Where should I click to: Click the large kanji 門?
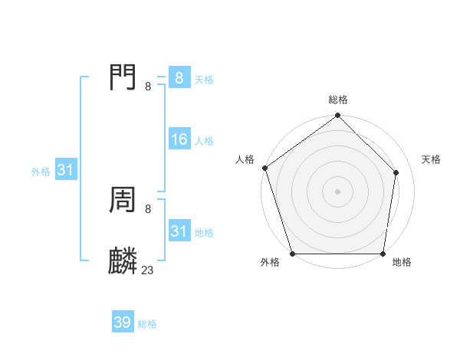[123, 77]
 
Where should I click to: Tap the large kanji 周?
[123, 201]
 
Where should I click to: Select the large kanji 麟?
[123, 261]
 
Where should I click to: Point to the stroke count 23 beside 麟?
[148, 270]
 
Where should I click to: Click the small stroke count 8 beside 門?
[148, 87]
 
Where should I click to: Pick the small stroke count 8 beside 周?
[148, 209]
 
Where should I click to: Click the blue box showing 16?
[179, 139]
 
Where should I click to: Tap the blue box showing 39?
[123, 322]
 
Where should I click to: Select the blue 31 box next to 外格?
[65, 170]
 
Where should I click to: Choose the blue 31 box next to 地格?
[179, 231]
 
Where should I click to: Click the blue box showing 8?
[179, 78]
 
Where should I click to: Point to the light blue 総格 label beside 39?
[147, 324]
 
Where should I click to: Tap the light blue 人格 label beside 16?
[204, 141]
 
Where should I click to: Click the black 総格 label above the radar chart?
[338, 100]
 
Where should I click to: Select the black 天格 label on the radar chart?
[432, 159]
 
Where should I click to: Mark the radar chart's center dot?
[337, 191]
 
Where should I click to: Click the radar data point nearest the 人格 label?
[264, 168]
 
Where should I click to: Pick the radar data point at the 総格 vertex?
[337, 116]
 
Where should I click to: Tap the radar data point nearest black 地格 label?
[382, 254]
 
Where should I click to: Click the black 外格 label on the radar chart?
[270, 262]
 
